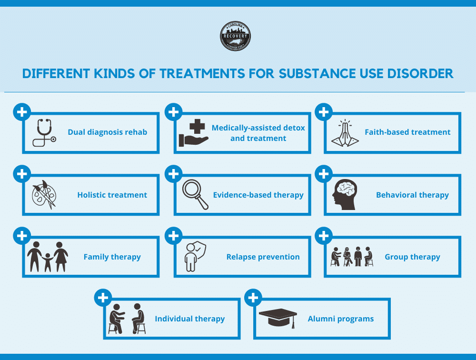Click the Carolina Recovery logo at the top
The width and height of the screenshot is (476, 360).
point(235,36)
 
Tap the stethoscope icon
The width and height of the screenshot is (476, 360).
point(43,132)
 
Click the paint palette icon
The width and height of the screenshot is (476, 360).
point(43,194)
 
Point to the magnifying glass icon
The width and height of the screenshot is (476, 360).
point(196,194)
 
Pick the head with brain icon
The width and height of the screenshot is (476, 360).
point(345,194)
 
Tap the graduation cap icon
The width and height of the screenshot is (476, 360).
point(278,318)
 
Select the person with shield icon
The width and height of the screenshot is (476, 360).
point(194,257)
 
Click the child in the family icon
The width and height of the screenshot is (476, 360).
point(47,262)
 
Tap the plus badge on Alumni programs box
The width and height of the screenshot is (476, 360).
point(253,298)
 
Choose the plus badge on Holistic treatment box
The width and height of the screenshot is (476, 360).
point(21,174)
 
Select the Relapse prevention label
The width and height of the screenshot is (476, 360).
point(263,257)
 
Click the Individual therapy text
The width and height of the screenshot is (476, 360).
point(189,319)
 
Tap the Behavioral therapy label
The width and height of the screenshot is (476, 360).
point(412,195)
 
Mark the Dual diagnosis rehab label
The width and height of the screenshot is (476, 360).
point(107,132)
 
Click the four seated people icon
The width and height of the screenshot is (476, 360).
point(352,257)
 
